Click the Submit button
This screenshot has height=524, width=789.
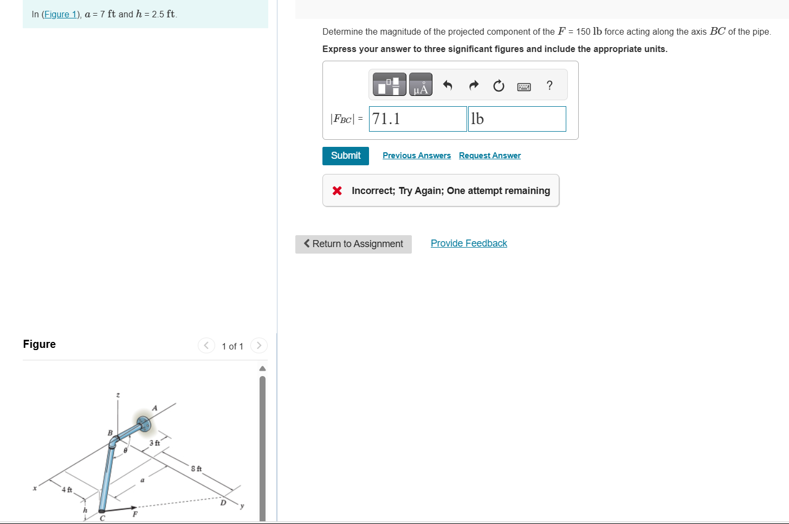pos(345,156)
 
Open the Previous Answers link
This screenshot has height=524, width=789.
pos(416,156)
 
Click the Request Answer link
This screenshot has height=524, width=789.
pos(489,156)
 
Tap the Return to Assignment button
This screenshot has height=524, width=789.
pos(353,244)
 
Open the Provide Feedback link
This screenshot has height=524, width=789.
pos(469,243)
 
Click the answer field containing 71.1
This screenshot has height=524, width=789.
pos(417,119)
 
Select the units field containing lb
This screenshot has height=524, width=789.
pos(516,119)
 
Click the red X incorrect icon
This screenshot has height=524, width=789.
pos(337,191)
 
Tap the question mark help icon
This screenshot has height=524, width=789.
pos(549,85)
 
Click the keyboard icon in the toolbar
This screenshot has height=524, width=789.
pos(523,86)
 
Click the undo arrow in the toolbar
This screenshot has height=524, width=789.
pos(448,85)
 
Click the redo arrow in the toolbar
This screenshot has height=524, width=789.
pos(474,85)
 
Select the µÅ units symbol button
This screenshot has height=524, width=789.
pos(421,85)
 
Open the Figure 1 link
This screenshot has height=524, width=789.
pos(60,14)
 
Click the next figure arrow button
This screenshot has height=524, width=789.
pos(259,346)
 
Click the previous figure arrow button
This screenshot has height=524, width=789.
pos(206,346)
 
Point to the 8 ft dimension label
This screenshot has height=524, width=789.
pos(196,468)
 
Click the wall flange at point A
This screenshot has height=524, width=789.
pos(144,424)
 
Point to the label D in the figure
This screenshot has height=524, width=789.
pos(223,503)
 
